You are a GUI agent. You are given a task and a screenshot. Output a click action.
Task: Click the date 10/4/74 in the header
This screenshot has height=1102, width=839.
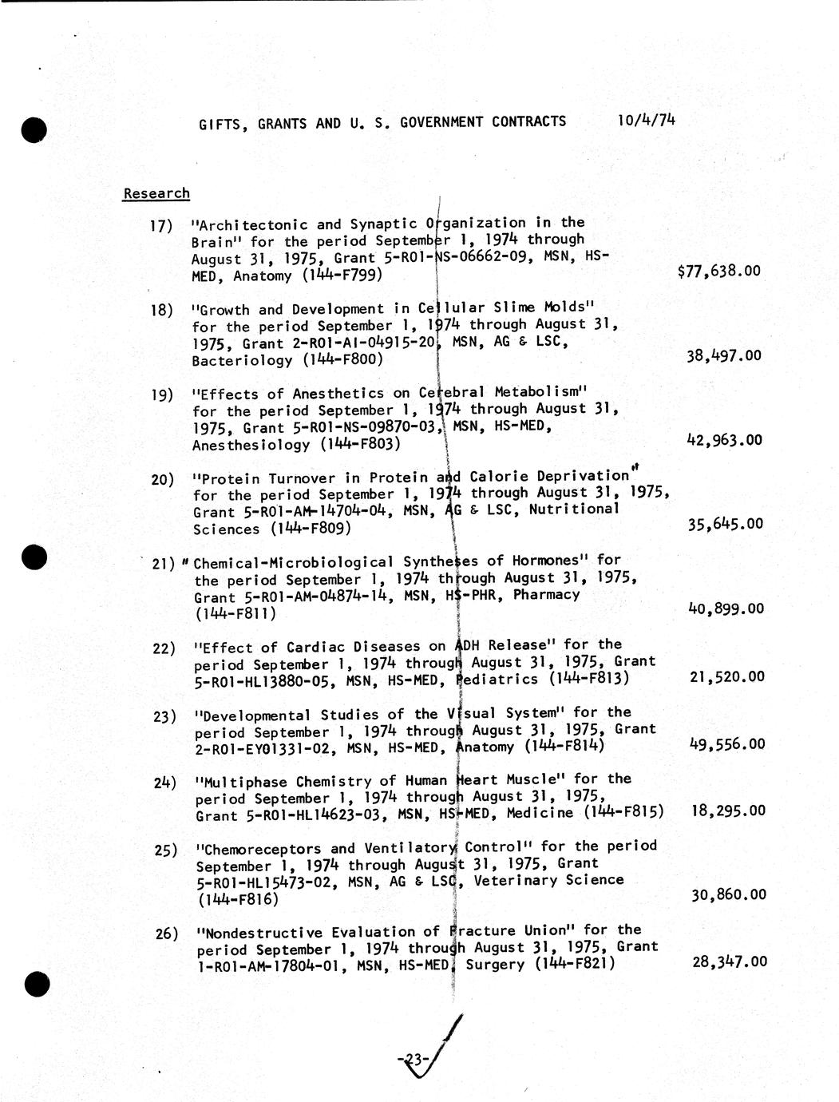[x=646, y=121]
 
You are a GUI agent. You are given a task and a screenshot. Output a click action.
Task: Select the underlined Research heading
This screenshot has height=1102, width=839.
[x=156, y=193]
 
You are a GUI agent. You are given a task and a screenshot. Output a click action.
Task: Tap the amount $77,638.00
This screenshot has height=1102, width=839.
[x=718, y=271]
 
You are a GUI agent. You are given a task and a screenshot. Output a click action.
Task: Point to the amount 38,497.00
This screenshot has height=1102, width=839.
[x=723, y=355]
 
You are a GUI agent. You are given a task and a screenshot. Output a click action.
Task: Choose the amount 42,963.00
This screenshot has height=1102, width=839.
[x=724, y=440]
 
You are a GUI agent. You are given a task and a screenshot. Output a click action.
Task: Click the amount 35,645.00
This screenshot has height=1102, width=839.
[x=725, y=524]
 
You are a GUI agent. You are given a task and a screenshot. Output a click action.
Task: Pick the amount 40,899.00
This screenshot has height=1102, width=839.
[x=725, y=608]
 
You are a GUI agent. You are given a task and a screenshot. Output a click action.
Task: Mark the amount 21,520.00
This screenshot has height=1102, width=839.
[x=726, y=676]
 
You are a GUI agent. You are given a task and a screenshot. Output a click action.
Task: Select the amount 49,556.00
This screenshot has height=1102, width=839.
[x=726, y=744]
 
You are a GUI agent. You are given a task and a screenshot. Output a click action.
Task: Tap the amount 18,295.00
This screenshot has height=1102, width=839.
[x=727, y=811]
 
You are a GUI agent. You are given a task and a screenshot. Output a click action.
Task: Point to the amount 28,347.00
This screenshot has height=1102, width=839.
[x=729, y=961]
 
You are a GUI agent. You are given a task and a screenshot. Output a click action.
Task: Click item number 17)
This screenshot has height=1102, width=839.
[x=161, y=226]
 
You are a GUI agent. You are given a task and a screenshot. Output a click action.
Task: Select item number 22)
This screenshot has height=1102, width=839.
[x=164, y=648]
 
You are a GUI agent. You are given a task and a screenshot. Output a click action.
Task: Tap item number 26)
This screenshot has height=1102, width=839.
[x=165, y=933]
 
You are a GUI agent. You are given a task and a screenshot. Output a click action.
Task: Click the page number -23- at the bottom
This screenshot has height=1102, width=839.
[x=414, y=1060]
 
